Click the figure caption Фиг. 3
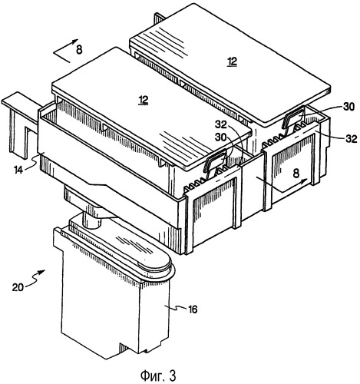click(x=158, y=376)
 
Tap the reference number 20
click(x=18, y=287)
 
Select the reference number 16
click(x=193, y=310)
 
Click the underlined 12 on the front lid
click(x=144, y=101)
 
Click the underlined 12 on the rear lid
click(x=233, y=61)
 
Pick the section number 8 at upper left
click(x=79, y=50)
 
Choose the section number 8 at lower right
click(x=296, y=174)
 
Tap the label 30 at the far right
click(x=348, y=107)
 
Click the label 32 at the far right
click(x=351, y=138)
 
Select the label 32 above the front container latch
click(x=221, y=124)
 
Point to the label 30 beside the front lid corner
click(x=220, y=137)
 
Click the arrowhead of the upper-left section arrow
click(x=75, y=41)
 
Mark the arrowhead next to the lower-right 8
click(x=305, y=180)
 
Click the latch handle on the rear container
click(x=293, y=118)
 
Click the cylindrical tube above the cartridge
click(x=91, y=220)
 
